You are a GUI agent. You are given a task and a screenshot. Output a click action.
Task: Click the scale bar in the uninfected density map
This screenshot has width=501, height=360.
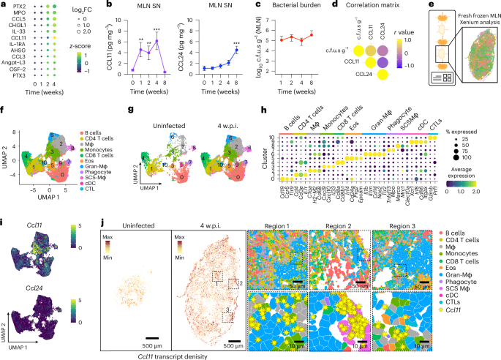[x=143, y=334]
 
